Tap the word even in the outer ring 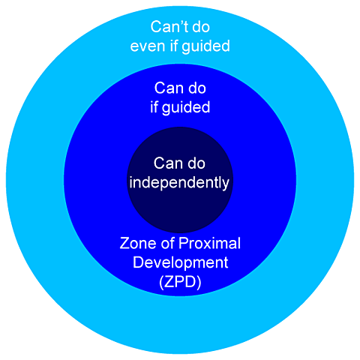(x=147, y=46)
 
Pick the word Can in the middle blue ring (x=167, y=88)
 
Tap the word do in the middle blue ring (x=194, y=88)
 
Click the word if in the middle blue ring (x=155, y=106)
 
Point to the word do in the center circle (x=195, y=163)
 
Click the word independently (x=180, y=181)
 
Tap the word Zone (x=138, y=244)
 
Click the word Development (x=180, y=262)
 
